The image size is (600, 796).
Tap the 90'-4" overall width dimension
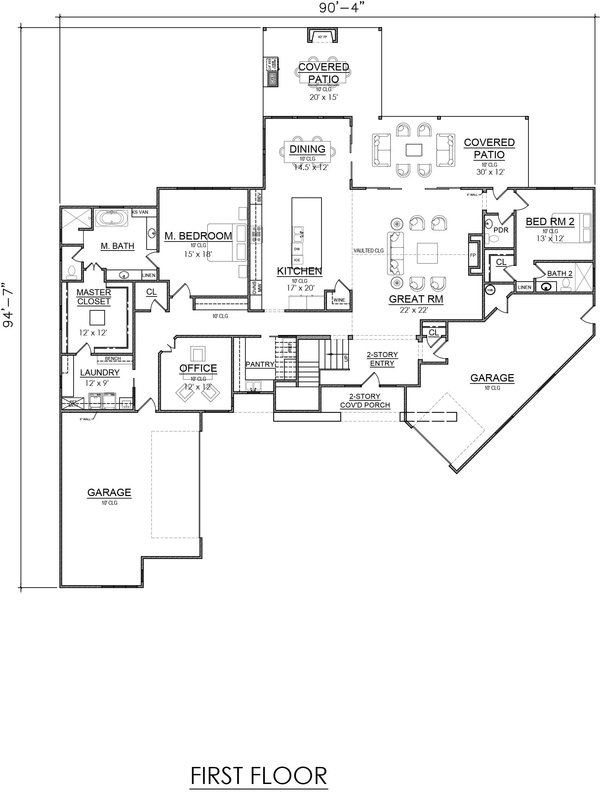(x=340, y=7)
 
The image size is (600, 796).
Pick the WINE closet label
(x=339, y=300)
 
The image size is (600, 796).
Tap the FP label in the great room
(x=473, y=255)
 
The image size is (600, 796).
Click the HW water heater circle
(x=490, y=290)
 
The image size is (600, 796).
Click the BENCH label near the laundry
(x=113, y=358)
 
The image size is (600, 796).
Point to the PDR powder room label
(x=501, y=230)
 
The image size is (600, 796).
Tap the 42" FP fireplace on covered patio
(x=322, y=37)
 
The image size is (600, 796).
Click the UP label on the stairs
(x=346, y=358)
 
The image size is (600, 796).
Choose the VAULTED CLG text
(x=368, y=251)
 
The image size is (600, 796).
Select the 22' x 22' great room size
(x=413, y=310)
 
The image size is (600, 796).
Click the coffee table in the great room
(x=428, y=253)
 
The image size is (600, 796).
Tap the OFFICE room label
(x=198, y=368)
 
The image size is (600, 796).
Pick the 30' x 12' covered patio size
(x=490, y=172)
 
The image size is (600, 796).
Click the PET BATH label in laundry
(x=73, y=404)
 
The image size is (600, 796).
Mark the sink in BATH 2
(x=546, y=287)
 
